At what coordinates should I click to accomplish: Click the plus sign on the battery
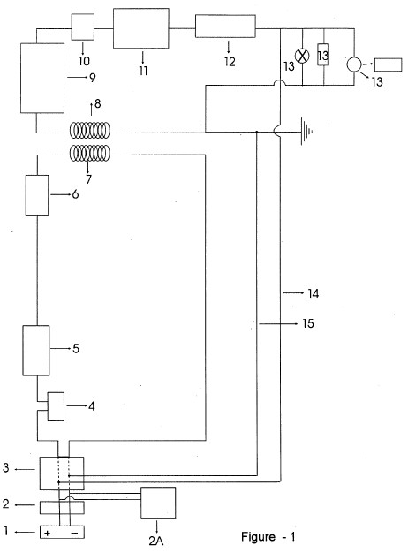[48, 534]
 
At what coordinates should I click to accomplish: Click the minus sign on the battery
[75, 534]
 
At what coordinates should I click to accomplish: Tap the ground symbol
[306, 132]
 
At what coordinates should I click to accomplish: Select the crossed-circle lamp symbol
[302, 56]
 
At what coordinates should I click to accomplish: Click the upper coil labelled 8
[89, 131]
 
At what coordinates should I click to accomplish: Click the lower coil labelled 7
[89, 153]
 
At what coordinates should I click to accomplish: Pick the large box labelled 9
[42, 78]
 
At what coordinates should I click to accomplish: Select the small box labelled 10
[83, 27]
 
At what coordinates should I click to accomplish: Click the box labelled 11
[140, 28]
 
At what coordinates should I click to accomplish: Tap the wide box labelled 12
[225, 26]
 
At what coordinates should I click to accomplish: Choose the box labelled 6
[37, 195]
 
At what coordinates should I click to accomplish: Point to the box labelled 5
[36, 350]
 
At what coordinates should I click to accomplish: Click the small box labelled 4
[56, 406]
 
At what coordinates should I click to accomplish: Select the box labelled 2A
[158, 503]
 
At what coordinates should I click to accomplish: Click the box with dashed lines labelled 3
[62, 473]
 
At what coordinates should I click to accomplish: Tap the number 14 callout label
[314, 293]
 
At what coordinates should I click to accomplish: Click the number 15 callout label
[308, 323]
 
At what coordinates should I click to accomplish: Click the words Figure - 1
[268, 537]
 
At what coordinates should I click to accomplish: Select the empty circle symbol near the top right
[354, 64]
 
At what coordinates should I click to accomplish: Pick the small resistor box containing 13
[323, 55]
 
